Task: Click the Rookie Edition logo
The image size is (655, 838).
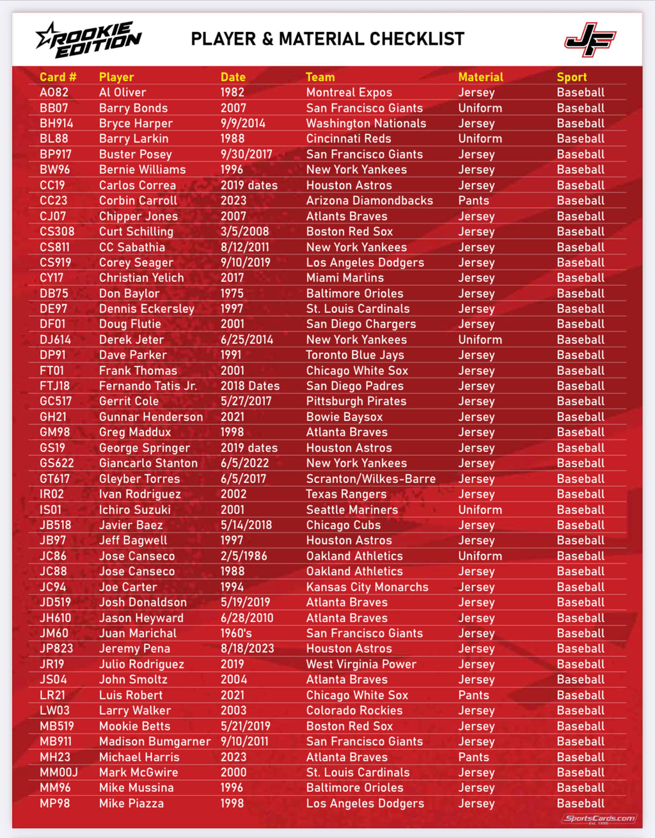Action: pyautogui.click(x=88, y=40)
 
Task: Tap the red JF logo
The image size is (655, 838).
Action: pyautogui.click(x=590, y=40)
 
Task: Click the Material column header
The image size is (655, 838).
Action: pyautogui.click(x=480, y=77)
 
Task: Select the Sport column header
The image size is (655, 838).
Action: pyautogui.click(x=571, y=77)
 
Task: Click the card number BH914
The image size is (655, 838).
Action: pyautogui.click(x=56, y=123)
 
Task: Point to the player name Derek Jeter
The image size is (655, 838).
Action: pyautogui.click(x=131, y=340)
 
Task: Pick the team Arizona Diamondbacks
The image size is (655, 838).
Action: pyautogui.click(x=369, y=200)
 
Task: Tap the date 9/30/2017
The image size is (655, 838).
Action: pyautogui.click(x=246, y=154)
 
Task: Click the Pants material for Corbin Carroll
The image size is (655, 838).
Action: pyautogui.click(x=473, y=200)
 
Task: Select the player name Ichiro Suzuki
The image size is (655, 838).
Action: pyautogui.click(x=134, y=510)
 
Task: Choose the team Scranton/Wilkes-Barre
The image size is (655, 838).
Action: pyautogui.click(x=370, y=478)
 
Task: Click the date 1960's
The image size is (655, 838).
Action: pyautogui.click(x=236, y=633)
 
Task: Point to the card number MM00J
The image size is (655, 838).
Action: pyautogui.click(x=59, y=772)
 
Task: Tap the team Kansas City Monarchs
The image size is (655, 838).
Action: pyautogui.click(x=367, y=587)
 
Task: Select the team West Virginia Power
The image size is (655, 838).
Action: pyautogui.click(x=361, y=664)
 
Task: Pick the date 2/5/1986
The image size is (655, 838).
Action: pyautogui.click(x=244, y=556)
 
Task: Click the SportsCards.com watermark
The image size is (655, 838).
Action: pyautogui.click(x=599, y=819)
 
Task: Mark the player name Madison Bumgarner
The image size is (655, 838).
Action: pyautogui.click(x=155, y=741)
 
